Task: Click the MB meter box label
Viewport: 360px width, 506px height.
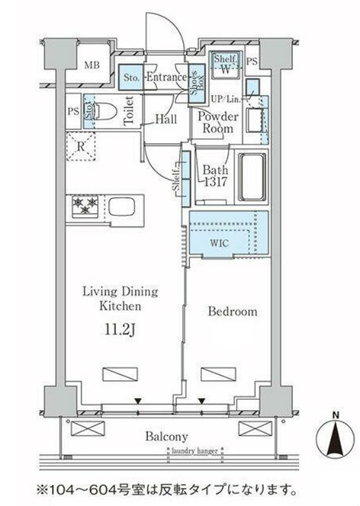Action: (x=92, y=66)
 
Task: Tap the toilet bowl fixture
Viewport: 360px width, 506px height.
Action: (x=105, y=111)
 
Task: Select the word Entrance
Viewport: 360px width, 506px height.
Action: (x=166, y=77)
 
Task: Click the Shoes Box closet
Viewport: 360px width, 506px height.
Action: (x=197, y=84)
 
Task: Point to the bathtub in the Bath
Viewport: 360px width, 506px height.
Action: (x=252, y=177)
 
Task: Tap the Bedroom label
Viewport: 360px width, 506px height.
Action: (x=232, y=311)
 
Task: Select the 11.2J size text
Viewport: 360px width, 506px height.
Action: (x=120, y=329)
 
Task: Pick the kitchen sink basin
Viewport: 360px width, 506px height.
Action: (x=122, y=206)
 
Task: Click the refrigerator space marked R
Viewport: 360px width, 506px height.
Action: (x=80, y=146)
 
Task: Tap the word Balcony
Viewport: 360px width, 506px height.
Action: (x=166, y=437)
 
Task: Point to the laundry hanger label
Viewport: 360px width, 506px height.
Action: (x=195, y=451)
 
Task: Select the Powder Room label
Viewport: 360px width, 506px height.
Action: (x=218, y=123)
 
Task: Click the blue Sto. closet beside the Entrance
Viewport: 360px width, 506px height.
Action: (x=130, y=77)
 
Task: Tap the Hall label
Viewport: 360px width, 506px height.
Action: (x=166, y=119)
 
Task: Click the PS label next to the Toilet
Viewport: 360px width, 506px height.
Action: (x=73, y=111)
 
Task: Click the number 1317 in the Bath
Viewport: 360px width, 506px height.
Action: (x=215, y=183)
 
